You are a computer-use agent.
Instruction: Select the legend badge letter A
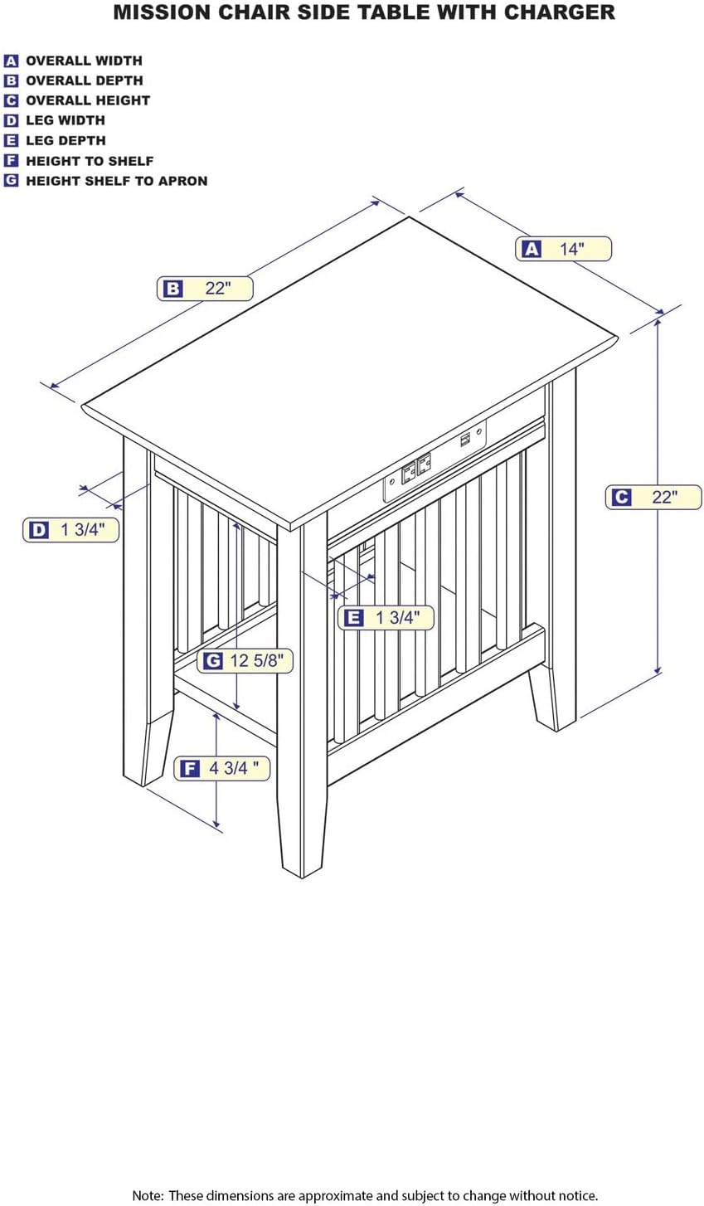[11, 61]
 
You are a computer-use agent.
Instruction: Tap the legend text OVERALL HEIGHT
[88, 100]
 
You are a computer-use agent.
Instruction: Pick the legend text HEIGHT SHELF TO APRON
[116, 181]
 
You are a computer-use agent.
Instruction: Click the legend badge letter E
[11, 141]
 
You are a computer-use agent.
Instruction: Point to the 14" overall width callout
[563, 249]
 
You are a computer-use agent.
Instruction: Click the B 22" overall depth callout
[205, 289]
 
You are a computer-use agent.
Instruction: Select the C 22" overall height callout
[654, 497]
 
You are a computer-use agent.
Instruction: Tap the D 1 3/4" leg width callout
[70, 530]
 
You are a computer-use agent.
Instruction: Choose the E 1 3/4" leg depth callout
[386, 617]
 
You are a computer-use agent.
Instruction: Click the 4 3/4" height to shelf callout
[222, 768]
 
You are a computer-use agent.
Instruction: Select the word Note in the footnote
[148, 1195]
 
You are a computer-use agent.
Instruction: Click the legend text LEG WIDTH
[66, 120]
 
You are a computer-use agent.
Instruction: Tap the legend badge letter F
[11, 161]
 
